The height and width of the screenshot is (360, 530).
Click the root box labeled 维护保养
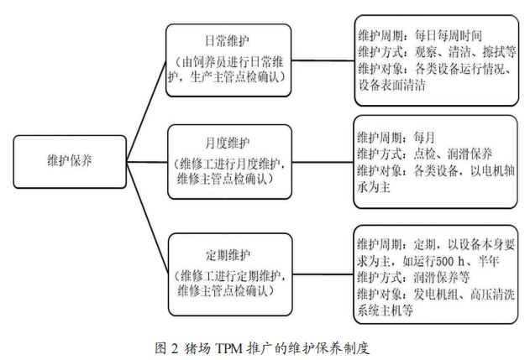click(x=70, y=162)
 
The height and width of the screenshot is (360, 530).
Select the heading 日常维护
click(x=227, y=41)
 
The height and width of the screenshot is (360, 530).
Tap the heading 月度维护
click(x=227, y=143)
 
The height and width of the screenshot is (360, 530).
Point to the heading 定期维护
click(x=228, y=254)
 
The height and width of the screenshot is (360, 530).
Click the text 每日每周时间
click(x=449, y=35)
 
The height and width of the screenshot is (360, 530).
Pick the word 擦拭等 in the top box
click(x=499, y=52)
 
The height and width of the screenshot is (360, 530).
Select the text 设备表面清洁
click(x=391, y=85)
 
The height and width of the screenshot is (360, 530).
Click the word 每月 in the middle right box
click(x=424, y=137)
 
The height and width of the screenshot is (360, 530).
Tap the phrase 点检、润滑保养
click(x=453, y=154)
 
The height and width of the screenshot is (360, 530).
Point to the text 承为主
click(x=374, y=187)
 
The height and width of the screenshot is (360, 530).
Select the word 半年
click(x=488, y=261)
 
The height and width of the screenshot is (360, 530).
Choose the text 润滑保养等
click(x=442, y=277)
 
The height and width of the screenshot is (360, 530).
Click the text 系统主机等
click(x=385, y=310)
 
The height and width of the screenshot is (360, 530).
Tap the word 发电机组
click(x=436, y=295)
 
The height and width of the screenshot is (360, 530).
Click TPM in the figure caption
click(x=229, y=348)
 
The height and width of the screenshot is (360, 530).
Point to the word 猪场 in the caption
click(x=197, y=348)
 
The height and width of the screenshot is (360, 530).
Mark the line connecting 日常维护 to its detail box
click(x=323, y=60)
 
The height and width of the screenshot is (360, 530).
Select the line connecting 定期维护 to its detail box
click(x=323, y=274)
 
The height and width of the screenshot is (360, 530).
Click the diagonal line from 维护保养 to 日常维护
click(x=146, y=111)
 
